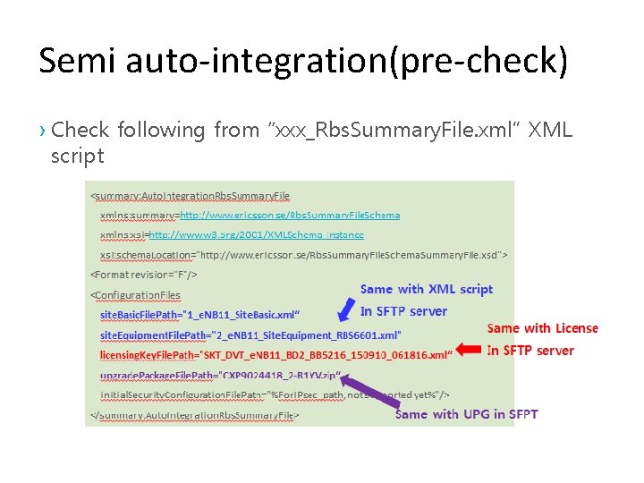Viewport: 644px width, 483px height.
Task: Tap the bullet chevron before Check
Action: (43, 131)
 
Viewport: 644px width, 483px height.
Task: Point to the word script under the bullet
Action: (78, 156)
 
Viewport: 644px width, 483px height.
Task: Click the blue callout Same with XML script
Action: (427, 289)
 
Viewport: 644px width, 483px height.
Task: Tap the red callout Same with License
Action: (542, 328)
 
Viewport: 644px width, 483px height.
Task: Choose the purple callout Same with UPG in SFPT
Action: (466, 414)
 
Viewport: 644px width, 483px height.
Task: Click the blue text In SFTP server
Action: (403, 311)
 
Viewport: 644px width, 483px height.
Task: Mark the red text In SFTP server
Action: (530, 351)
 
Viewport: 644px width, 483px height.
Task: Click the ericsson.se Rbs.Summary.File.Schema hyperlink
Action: (290, 215)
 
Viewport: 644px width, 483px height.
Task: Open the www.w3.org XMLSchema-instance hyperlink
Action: (256, 234)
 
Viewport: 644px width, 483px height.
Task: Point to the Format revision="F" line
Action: (144, 275)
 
